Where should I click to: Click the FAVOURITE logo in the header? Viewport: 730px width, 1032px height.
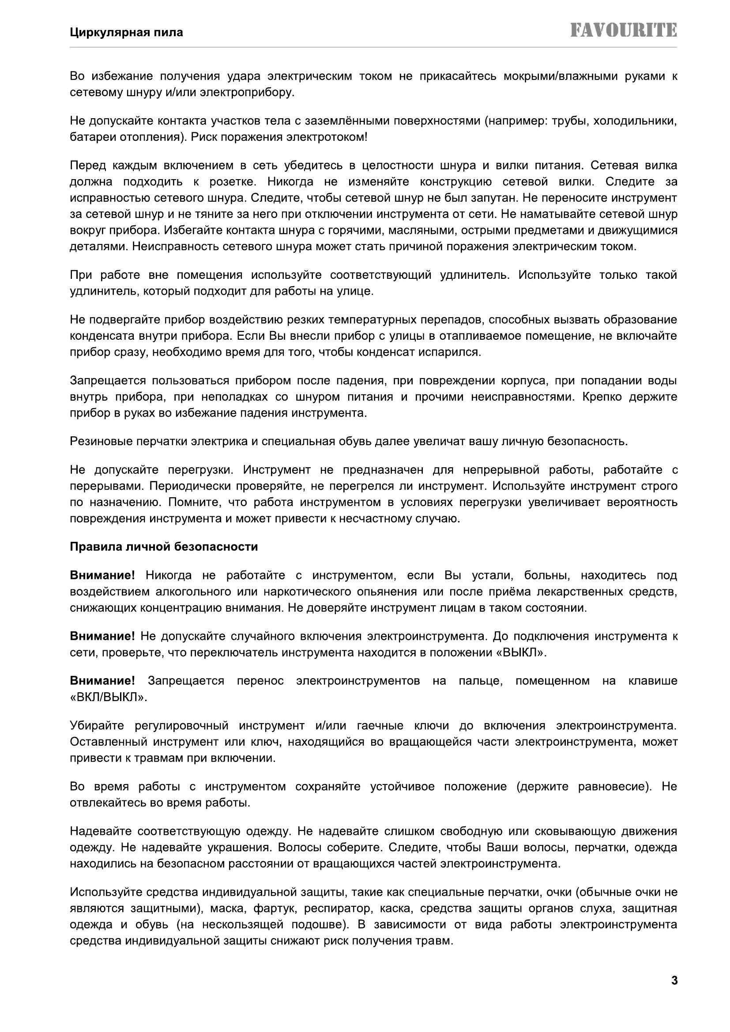624,30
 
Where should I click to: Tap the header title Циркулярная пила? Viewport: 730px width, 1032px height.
126,32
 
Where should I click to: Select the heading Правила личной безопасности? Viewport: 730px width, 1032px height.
164,547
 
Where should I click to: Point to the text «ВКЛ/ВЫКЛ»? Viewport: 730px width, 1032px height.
109,697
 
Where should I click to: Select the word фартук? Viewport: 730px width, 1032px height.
274,908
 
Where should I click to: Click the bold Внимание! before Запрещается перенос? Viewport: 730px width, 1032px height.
102,681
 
